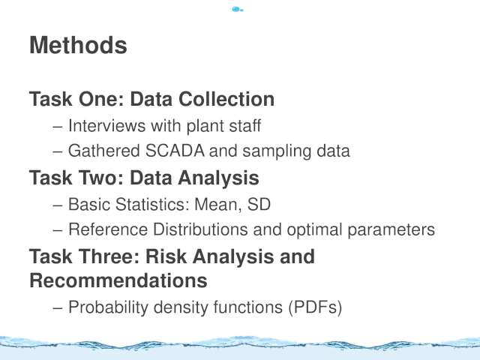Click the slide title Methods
coord(78,45)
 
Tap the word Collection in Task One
coord(226,99)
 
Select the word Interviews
coord(106,126)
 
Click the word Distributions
coord(200,229)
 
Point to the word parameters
coord(391,230)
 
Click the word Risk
coord(166,256)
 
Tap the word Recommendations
coord(118,280)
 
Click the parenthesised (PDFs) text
coord(315,307)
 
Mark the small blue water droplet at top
coord(237,10)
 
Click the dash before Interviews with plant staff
coord(58,127)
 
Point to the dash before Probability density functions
coord(58,308)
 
